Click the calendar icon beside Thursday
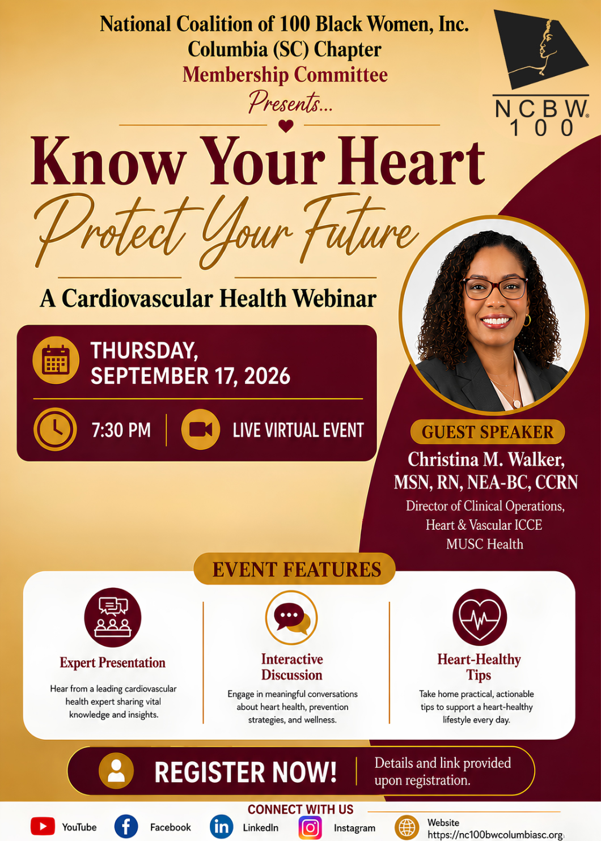(x=56, y=360)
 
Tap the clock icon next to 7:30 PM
(x=55, y=429)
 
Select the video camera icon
(x=201, y=429)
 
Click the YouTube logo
(x=43, y=826)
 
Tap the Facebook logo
(x=126, y=826)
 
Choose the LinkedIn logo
(x=221, y=826)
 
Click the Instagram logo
(x=310, y=827)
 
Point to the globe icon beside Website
(x=407, y=827)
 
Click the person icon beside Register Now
(x=116, y=771)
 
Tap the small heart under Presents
(x=286, y=125)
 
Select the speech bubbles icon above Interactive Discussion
(x=291, y=618)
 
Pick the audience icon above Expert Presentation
(x=113, y=618)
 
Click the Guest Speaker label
(x=488, y=432)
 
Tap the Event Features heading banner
(x=294, y=569)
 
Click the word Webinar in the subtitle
(x=335, y=299)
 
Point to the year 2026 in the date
(x=267, y=376)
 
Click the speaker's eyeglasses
(x=495, y=288)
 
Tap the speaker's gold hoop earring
(x=527, y=320)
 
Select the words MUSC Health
(x=485, y=544)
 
